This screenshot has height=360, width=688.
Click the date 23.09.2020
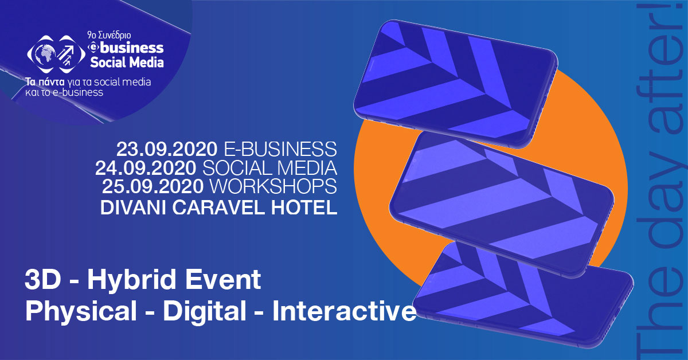coord(167,149)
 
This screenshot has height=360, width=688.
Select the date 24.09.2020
coord(146,168)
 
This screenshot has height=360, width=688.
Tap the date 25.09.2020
coord(153,186)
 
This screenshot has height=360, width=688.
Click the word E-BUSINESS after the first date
coord(280,149)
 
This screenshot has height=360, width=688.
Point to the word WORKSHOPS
coord(273,186)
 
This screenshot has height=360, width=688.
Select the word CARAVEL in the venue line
coord(218,208)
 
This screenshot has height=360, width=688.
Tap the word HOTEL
coord(304,208)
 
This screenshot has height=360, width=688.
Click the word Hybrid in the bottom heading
coord(131,280)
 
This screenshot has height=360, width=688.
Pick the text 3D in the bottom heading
coord(42,280)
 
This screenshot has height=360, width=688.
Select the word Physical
coord(81,311)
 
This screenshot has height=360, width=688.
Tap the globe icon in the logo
coord(44,54)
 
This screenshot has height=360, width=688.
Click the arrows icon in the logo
coord(67,54)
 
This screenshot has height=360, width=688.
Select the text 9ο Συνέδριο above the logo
coord(109,36)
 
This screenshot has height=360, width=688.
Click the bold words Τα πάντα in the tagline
coord(45,82)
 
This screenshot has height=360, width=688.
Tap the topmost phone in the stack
coord(455,84)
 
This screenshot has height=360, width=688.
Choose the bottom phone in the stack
coord(523,295)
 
